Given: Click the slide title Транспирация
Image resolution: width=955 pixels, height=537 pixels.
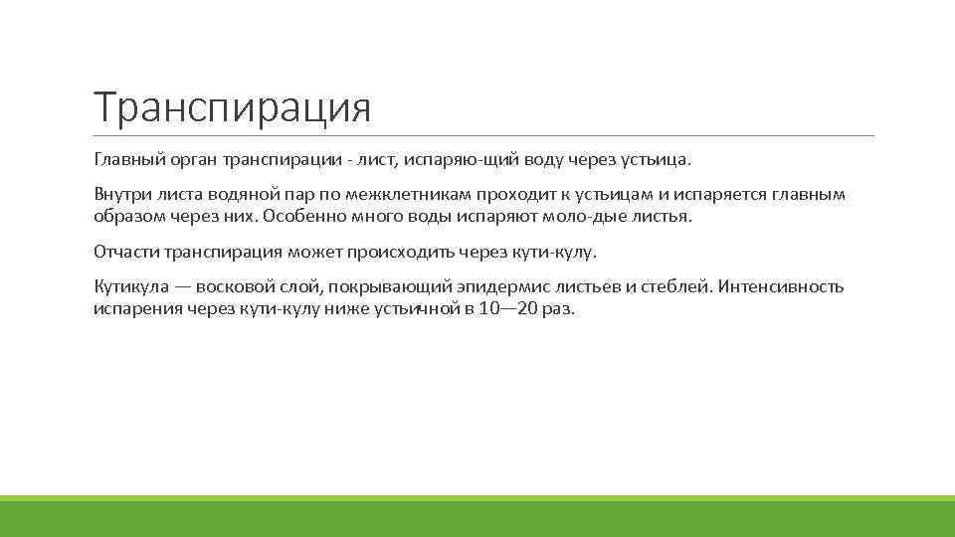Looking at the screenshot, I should click(232, 107).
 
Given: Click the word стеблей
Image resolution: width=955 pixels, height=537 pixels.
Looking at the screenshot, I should click(674, 286).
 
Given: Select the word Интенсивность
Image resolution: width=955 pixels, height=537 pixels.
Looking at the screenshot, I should click(781, 286).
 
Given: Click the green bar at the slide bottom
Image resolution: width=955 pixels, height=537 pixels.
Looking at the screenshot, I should click(477, 516).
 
